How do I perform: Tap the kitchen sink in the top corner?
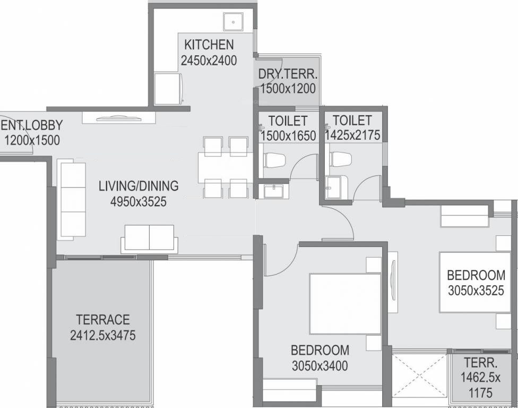(232, 22)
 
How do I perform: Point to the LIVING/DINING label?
(139, 186)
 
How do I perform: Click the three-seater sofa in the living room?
(72, 201)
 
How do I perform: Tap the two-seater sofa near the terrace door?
(149, 237)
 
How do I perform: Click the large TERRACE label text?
(103, 320)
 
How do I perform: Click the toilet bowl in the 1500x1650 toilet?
(275, 160)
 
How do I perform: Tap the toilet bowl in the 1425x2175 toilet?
(340, 159)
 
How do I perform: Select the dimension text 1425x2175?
(352, 135)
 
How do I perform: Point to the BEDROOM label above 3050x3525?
(476, 275)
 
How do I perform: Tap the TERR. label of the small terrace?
(481, 364)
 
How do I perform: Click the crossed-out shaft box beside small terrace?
(420, 375)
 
